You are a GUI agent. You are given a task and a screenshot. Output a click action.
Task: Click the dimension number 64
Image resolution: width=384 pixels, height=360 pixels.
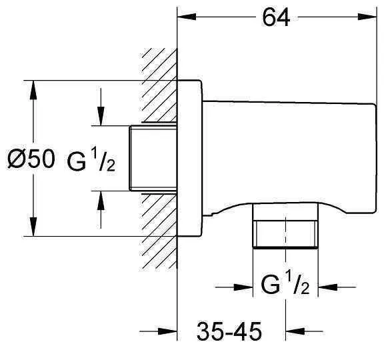(276, 17)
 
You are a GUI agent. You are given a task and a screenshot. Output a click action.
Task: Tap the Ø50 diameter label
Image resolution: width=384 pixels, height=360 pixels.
(31, 159)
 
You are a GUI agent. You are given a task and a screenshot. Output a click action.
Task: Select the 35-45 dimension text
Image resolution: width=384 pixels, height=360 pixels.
(229, 331)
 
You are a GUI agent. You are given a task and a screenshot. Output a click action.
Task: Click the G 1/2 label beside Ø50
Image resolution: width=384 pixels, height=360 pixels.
(91, 160)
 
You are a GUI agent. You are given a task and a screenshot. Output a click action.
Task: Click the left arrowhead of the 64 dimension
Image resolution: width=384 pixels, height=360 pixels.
(187, 17)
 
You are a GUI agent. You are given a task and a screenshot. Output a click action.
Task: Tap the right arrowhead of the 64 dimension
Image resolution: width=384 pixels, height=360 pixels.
(367, 17)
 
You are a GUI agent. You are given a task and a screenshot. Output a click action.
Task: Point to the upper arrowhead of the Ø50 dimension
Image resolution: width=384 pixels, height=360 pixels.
(33, 90)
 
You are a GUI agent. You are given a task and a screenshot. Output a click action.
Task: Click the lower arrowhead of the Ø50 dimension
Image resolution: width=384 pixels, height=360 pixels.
(33, 227)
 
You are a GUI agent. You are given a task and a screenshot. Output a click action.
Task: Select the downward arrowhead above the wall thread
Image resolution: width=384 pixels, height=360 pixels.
(101, 116)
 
